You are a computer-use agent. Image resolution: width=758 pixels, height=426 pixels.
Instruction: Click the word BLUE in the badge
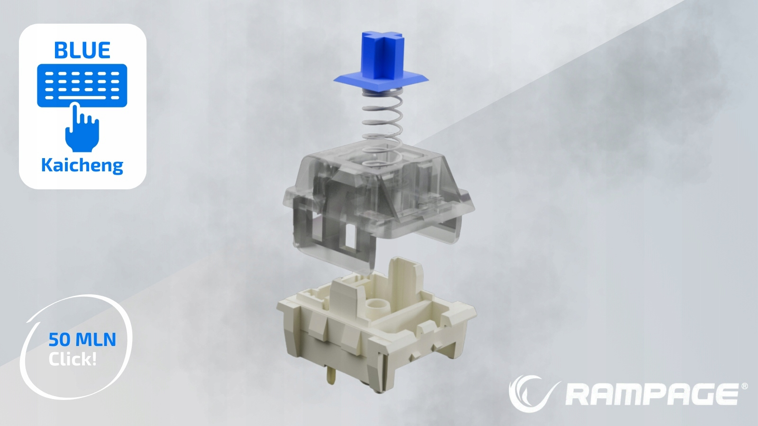click(82, 50)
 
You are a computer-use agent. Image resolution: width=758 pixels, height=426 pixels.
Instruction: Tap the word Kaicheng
click(82, 165)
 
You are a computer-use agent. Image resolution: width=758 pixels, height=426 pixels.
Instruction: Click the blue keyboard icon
click(82, 86)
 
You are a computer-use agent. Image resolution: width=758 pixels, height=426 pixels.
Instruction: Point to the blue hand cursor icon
click(82, 127)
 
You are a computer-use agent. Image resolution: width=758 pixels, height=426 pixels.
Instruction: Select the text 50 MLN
click(82, 339)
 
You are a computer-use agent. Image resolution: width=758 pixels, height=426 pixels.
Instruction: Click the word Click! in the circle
click(72, 359)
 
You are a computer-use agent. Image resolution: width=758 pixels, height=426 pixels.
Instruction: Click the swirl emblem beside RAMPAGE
click(531, 393)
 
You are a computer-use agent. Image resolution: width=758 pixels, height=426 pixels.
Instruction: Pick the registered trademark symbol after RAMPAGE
click(744, 386)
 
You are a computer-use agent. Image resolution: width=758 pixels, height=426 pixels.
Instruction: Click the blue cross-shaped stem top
click(383, 54)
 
